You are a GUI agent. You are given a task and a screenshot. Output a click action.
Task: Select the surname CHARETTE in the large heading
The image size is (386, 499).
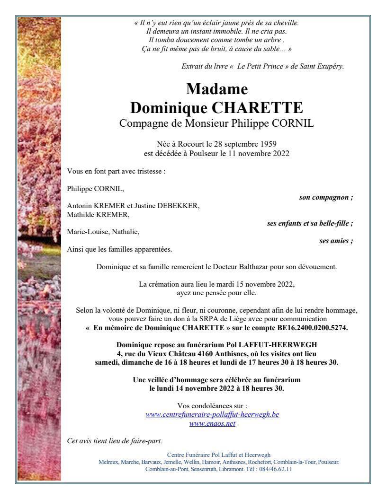click(257, 108)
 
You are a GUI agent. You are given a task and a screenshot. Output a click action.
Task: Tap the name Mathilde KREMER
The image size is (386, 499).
click(98, 214)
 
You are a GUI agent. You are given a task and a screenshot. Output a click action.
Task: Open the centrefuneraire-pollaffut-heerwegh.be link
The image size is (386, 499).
click(212, 414)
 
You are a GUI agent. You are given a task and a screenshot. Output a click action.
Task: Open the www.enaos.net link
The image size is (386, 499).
click(212, 423)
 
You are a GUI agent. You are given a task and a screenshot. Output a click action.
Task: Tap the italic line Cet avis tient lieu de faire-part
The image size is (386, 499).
click(115, 441)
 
